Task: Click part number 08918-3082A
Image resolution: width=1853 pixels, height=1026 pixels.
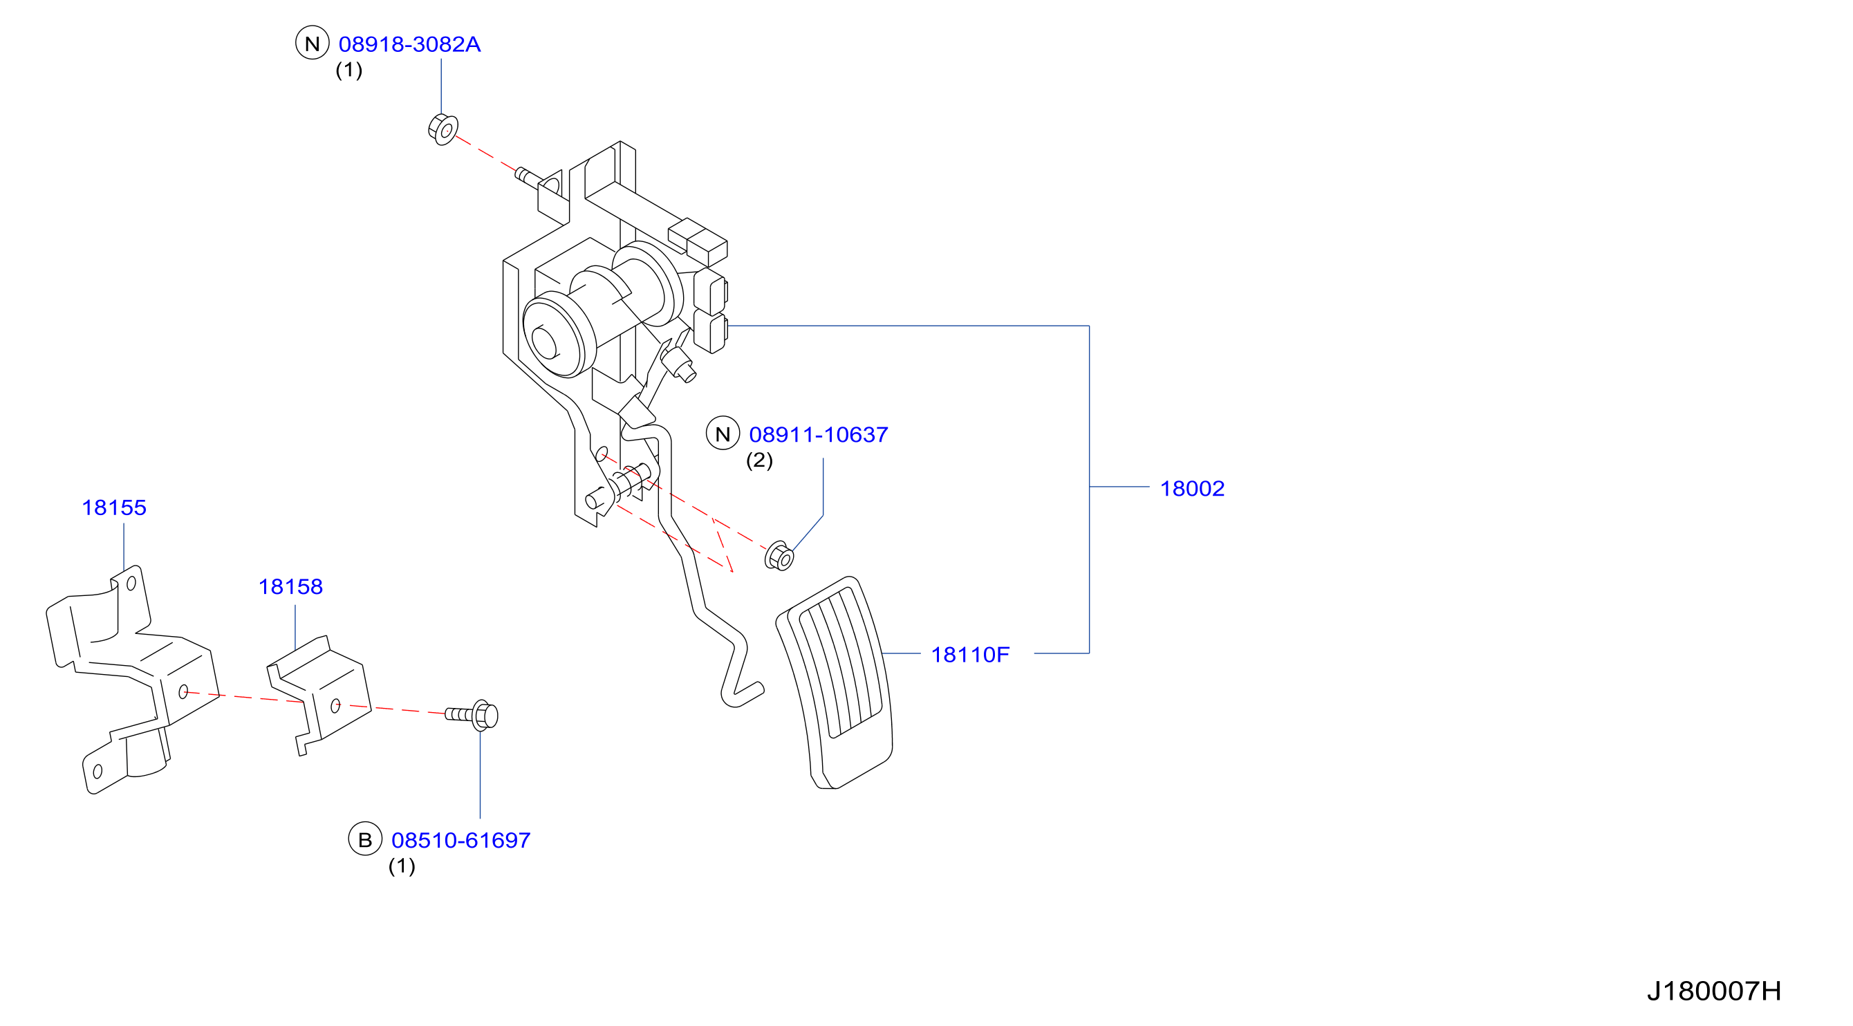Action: pos(409,45)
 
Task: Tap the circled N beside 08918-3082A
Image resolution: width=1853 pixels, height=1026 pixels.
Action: pos(313,43)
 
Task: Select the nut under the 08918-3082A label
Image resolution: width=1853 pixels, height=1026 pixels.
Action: pos(443,129)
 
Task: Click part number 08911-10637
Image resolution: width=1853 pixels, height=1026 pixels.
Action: pos(819,435)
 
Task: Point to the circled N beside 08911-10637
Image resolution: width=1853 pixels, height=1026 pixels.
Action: pos(723,433)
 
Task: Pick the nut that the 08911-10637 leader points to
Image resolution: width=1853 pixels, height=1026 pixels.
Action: pos(779,556)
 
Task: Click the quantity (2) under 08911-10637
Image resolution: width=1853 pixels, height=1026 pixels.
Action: pos(760,460)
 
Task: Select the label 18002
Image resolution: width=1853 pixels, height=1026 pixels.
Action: pos(1192,489)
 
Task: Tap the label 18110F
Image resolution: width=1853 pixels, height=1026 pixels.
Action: pos(970,655)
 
